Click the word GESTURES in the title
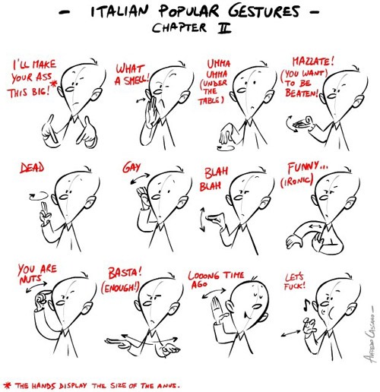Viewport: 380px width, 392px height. pyautogui.click(x=264, y=11)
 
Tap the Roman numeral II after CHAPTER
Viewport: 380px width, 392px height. pyautogui.click(x=224, y=28)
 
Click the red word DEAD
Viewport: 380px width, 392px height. pyautogui.click(x=32, y=168)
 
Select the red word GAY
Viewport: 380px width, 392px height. pyautogui.click(x=131, y=167)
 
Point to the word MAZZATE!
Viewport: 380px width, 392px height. pyautogui.click(x=313, y=62)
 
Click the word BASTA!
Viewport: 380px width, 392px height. pyautogui.click(x=125, y=273)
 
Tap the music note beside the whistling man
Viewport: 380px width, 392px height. pyautogui.click(x=307, y=305)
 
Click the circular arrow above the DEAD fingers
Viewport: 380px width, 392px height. pyautogui.click(x=39, y=196)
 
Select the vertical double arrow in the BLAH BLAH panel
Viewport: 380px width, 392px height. pyautogui.click(x=202, y=220)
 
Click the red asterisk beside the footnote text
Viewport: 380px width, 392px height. pyautogui.click(x=8, y=385)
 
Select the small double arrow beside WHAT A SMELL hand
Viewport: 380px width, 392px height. pyautogui.click(x=141, y=100)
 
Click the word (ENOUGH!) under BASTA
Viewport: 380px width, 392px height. pyautogui.click(x=120, y=288)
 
